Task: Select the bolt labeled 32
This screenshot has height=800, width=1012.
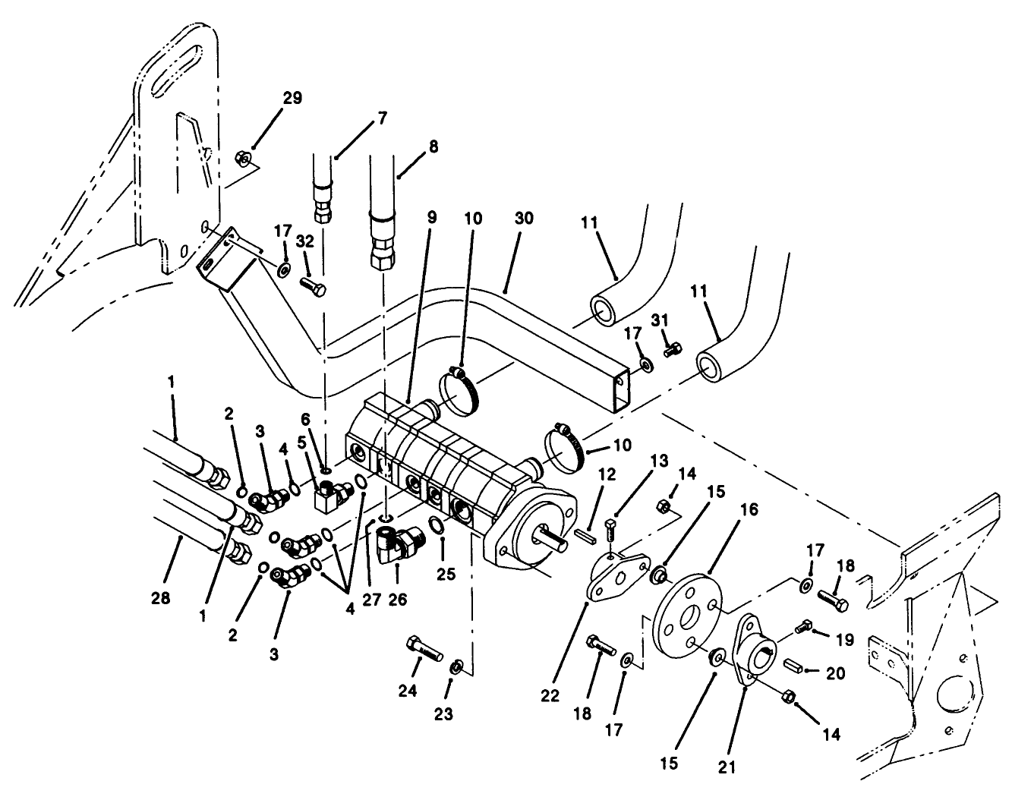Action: pyautogui.click(x=314, y=286)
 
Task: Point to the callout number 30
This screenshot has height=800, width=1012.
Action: pyautogui.click(x=524, y=219)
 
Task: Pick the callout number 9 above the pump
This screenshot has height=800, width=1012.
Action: pyautogui.click(x=431, y=217)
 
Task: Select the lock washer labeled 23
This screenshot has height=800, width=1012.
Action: pyautogui.click(x=456, y=666)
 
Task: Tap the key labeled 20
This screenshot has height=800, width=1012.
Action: pyautogui.click(x=794, y=665)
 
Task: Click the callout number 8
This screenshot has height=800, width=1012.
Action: pyautogui.click(x=433, y=146)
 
